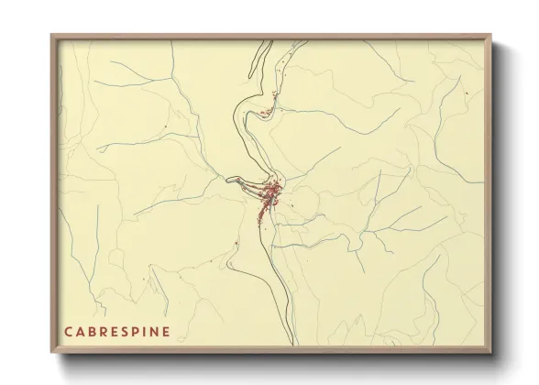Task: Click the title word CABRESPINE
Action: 116,331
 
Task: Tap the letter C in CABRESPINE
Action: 68,331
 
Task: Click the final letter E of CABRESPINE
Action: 165,331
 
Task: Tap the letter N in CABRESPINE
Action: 153,331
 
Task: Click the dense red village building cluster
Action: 272,194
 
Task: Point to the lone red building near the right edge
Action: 467,93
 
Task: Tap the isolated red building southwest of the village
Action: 236,242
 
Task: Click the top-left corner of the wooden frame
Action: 51,35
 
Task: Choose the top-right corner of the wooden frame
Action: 491,35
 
